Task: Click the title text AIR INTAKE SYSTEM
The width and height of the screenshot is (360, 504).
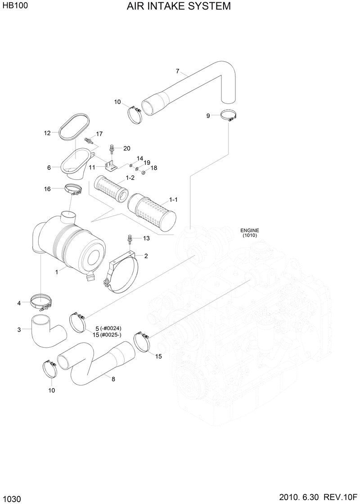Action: [179, 6]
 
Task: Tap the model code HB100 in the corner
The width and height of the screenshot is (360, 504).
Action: [14, 6]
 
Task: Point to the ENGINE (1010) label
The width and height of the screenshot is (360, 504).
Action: [250, 232]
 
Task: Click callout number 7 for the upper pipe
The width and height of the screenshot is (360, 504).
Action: [177, 71]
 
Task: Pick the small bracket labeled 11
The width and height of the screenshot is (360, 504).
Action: [110, 166]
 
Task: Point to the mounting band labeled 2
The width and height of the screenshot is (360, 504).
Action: [123, 275]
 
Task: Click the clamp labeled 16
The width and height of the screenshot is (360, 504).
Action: [73, 189]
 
